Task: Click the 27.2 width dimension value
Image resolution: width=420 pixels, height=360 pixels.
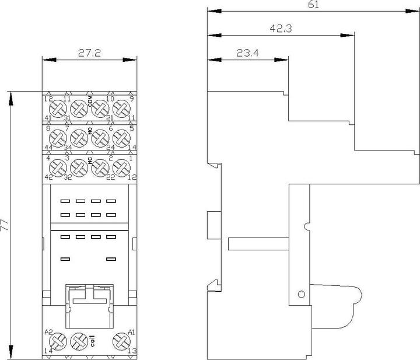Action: coord(90,53)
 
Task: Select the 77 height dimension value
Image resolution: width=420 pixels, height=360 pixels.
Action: coord(5,226)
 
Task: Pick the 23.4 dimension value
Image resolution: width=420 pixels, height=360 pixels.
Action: coord(247,53)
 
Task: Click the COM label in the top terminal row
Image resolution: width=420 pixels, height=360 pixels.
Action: coord(90,101)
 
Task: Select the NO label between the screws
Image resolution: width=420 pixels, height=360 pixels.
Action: coord(90,132)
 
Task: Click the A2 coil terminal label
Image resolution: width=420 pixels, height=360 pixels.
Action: coord(49,331)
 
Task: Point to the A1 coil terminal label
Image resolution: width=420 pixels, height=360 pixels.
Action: coord(131,331)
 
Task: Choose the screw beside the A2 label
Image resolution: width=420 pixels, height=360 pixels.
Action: coord(57,341)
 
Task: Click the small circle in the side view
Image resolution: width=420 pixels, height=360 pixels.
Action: coord(302,294)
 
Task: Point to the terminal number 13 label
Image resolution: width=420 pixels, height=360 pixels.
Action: coord(131,351)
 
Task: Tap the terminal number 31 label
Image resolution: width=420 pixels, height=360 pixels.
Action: coord(68,118)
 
